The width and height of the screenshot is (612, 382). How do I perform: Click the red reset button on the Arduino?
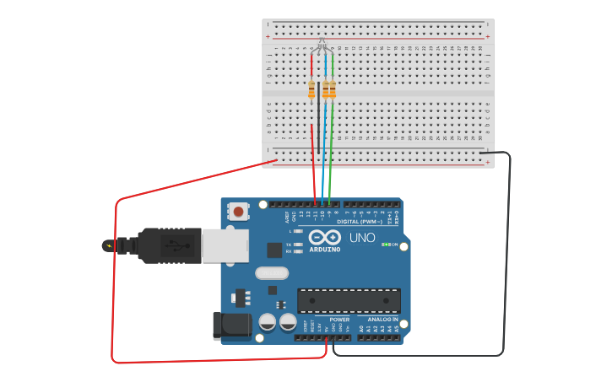tap(240, 212)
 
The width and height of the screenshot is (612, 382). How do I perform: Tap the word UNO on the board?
tap(362, 238)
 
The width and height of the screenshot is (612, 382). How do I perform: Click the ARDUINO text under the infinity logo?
tap(325, 250)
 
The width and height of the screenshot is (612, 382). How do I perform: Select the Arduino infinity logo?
tap(324, 237)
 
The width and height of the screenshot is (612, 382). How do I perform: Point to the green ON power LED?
tap(385, 245)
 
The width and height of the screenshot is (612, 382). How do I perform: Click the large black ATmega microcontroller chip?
tap(349, 300)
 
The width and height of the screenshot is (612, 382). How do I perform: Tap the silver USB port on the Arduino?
tap(225, 245)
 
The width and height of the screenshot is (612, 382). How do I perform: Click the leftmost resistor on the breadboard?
tap(311, 89)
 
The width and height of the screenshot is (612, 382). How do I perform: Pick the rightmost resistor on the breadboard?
tap(332, 89)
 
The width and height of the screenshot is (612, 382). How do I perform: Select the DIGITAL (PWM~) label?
tap(360, 221)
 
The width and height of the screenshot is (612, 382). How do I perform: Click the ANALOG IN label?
tap(382, 320)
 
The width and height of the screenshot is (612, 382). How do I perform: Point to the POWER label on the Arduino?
tap(339, 320)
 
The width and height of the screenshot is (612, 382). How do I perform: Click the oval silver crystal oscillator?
tap(271, 272)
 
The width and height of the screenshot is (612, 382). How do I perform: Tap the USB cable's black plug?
tap(169, 245)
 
